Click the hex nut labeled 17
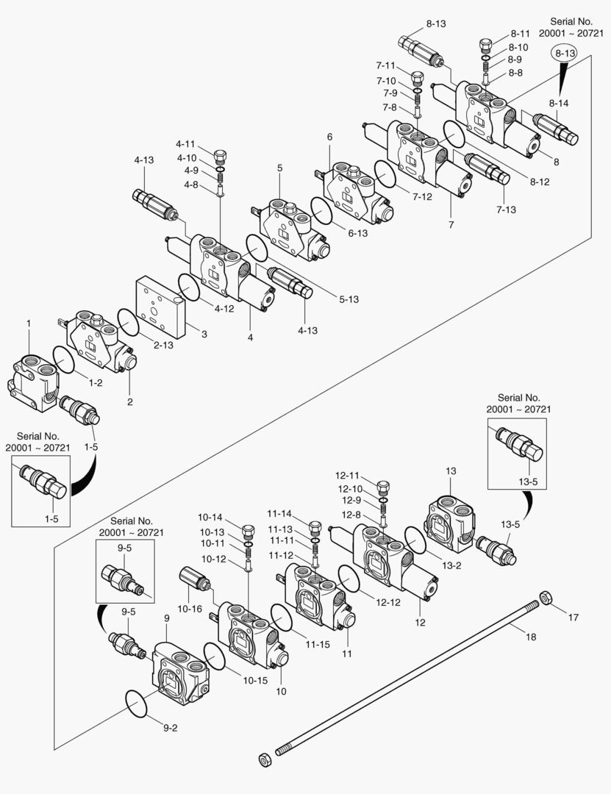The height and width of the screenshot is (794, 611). tap(546, 597)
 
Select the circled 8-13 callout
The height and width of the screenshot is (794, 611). tap(565, 52)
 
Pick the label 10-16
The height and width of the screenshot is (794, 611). tap(189, 609)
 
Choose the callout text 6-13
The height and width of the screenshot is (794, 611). tap(358, 233)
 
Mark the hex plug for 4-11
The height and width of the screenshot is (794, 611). tap(219, 157)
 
